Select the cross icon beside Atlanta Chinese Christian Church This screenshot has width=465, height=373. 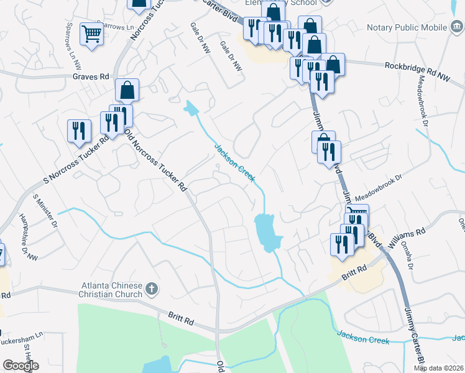click(152, 288)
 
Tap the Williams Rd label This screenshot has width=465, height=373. click(407, 235)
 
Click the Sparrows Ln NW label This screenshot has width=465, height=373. click(74, 40)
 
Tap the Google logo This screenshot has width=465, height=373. click(21, 366)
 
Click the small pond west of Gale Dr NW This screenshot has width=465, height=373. click(191, 108)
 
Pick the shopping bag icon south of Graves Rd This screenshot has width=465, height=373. click(127, 91)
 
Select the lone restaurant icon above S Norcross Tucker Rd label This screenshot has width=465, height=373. click(79, 131)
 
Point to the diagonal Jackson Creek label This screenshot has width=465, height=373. click(234, 162)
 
